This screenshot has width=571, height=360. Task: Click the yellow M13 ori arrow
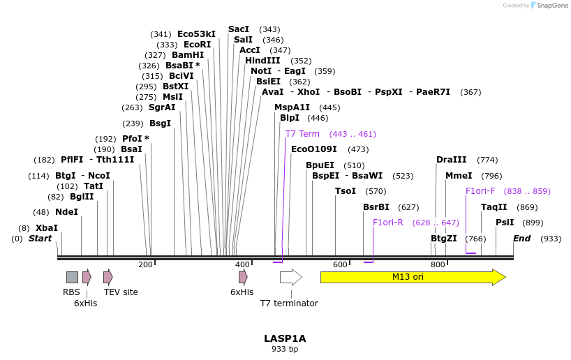pos(412,277)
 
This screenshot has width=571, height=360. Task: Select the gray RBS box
pos(72,277)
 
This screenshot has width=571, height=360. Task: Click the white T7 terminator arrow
pos(290,277)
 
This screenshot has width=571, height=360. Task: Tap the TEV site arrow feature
pos(107,277)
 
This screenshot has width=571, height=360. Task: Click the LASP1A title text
pos(285,338)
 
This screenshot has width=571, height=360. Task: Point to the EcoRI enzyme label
pos(197,45)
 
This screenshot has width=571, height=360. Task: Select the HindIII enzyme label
pos(262,61)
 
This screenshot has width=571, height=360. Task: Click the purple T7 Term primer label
pos(302,134)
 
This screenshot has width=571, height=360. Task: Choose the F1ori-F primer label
pos(480,191)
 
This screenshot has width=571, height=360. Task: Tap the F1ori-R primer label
pos(387,223)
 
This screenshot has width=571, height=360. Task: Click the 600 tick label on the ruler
pos(340,264)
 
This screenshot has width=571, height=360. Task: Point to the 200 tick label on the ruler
pos(145,264)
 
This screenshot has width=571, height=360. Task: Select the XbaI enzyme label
pos(47,228)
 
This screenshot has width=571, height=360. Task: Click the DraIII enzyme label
pos(451,160)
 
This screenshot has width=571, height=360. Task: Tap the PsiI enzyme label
pos(504,223)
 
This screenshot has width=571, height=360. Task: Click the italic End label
pos(521,239)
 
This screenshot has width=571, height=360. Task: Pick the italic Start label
pos(40,239)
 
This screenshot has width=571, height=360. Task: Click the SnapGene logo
pos(548,6)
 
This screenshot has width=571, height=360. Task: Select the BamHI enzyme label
pos(188,55)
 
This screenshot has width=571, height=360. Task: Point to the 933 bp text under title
pos(285,349)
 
